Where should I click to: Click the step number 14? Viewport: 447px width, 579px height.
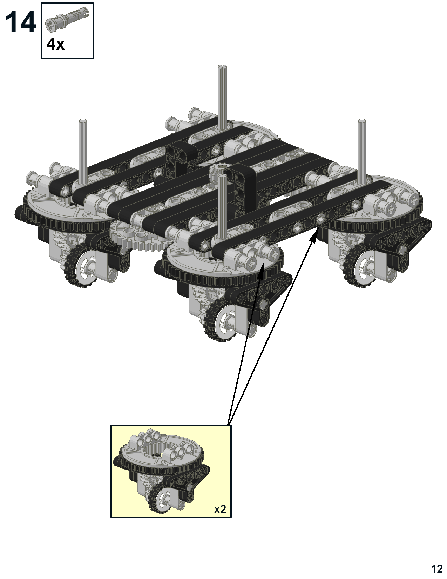pyautogui.click(x=21, y=23)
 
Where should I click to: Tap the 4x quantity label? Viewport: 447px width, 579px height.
pyautogui.click(x=55, y=44)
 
